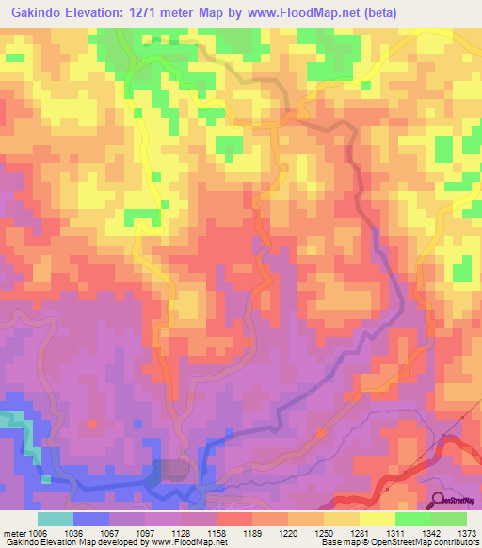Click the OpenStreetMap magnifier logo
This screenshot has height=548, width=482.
(x=439, y=501)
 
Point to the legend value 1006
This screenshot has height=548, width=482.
(x=38, y=533)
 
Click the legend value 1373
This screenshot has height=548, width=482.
(x=466, y=533)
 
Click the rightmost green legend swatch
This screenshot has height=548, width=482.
(x=449, y=519)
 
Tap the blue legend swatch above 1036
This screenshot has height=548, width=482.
(x=91, y=519)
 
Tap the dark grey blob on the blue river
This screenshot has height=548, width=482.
(x=172, y=469)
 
